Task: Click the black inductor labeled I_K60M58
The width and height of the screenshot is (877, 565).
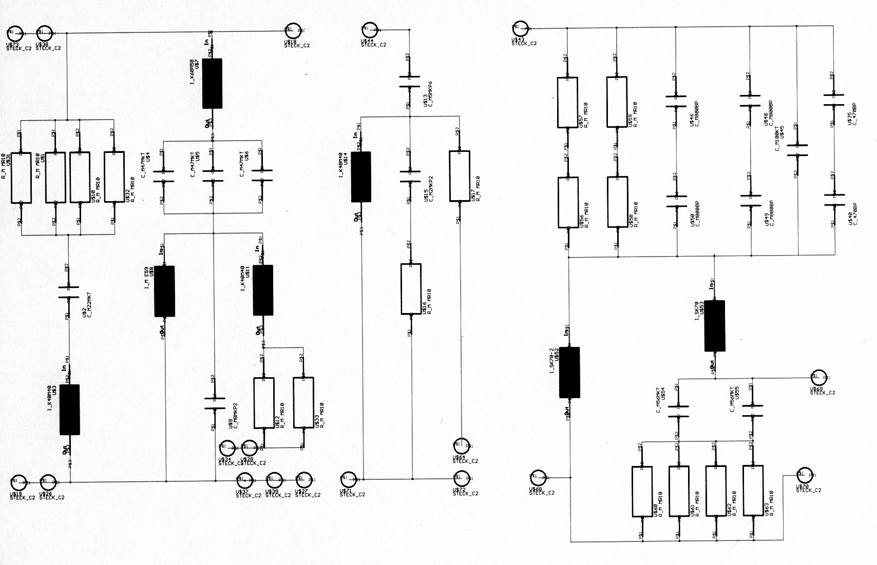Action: pyautogui.click(x=212, y=83)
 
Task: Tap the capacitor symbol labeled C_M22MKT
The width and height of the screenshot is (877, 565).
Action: pyautogui.click(x=68, y=292)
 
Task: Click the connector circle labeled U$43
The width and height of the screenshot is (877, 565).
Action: pyautogui.click(x=519, y=27)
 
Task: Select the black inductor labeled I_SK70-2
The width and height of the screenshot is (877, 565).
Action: pyautogui.click(x=569, y=372)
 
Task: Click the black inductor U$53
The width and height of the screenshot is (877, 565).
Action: pyautogui.click(x=714, y=325)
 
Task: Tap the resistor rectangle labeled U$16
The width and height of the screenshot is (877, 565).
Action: pyautogui.click(x=411, y=289)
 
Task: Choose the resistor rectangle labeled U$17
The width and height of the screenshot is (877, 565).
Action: pyautogui.click(x=459, y=176)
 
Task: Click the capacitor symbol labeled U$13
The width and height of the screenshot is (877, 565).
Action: pyautogui.click(x=410, y=82)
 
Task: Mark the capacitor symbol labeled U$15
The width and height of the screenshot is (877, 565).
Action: pyautogui.click(x=410, y=176)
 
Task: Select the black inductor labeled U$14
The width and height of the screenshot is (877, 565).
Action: pyautogui.click(x=361, y=177)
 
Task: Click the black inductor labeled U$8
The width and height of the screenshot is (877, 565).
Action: pyautogui.click(x=164, y=291)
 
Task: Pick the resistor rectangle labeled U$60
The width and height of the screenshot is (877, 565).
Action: pyautogui.click(x=642, y=491)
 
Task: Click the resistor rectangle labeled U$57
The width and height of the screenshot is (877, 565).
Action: pyautogui.click(x=567, y=102)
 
